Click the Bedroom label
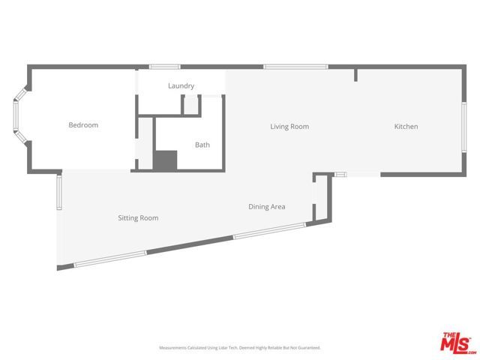(x=83, y=125)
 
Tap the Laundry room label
(x=181, y=86)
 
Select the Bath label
(x=202, y=145)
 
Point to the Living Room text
(x=289, y=127)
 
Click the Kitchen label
(x=406, y=127)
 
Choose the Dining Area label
(x=267, y=207)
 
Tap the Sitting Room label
(x=138, y=218)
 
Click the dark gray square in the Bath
(x=164, y=160)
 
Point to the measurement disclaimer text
(x=239, y=348)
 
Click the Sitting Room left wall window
(x=58, y=193)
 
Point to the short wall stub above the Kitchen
(x=355, y=75)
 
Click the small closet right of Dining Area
(x=321, y=198)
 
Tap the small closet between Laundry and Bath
(x=191, y=106)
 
